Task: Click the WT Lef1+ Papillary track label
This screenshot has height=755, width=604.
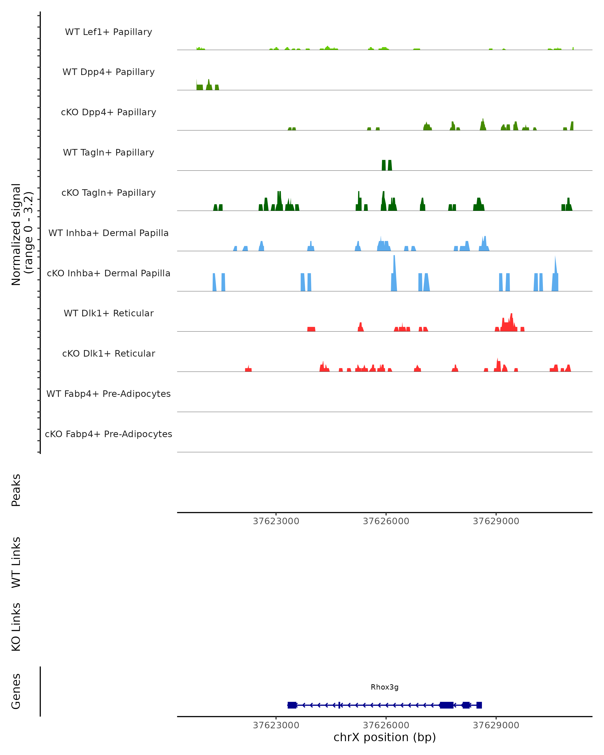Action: click(108, 32)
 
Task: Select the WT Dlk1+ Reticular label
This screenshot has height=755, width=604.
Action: click(108, 313)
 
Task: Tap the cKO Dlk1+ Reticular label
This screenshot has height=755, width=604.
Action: click(108, 353)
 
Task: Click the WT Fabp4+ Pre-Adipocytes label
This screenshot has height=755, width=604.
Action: click(108, 394)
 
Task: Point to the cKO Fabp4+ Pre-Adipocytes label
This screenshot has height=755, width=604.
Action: click(108, 434)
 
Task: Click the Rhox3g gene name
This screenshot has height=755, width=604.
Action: click(385, 687)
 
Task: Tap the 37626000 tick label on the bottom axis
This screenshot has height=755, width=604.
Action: click(386, 725)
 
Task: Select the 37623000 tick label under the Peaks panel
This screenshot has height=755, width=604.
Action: click(276, 521)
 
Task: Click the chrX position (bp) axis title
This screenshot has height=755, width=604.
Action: click(385, 737)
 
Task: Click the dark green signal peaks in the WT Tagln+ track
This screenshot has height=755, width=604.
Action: click(387, 165)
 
